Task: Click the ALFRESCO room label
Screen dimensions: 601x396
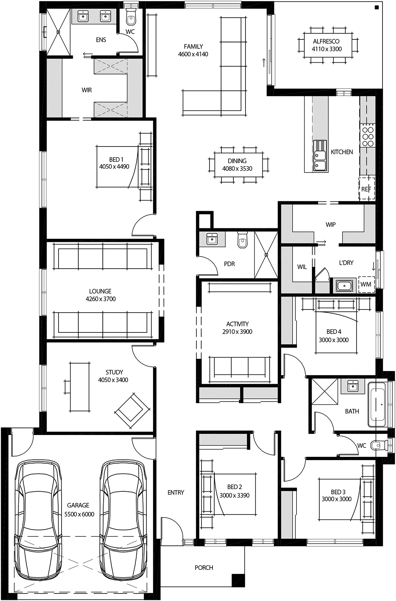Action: pos(326,42)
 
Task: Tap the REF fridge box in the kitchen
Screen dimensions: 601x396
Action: pos(366,189)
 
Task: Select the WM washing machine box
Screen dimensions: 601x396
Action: pos(366,284)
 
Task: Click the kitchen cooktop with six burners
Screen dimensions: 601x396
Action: pos(368,135)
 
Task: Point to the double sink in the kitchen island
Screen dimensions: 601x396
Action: pos(320,156)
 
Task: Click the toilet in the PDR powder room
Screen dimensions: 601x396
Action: pos(242,240)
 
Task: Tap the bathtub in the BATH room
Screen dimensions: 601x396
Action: pos(377,405)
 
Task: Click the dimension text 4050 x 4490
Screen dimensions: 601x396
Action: pos(114,166)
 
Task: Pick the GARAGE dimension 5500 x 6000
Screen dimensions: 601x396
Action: pos(79,514)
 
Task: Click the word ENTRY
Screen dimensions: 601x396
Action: pos(176,492)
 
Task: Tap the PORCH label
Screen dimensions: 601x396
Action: pos(204,568)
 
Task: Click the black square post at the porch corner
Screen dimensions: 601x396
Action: pos(237,580)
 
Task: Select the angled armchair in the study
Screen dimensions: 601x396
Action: pos(132,411)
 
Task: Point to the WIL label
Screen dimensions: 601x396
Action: pos(302,267)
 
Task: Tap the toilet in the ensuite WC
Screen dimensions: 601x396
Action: pos(130,17)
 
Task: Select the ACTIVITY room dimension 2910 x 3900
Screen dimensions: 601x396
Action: pos(237,332)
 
